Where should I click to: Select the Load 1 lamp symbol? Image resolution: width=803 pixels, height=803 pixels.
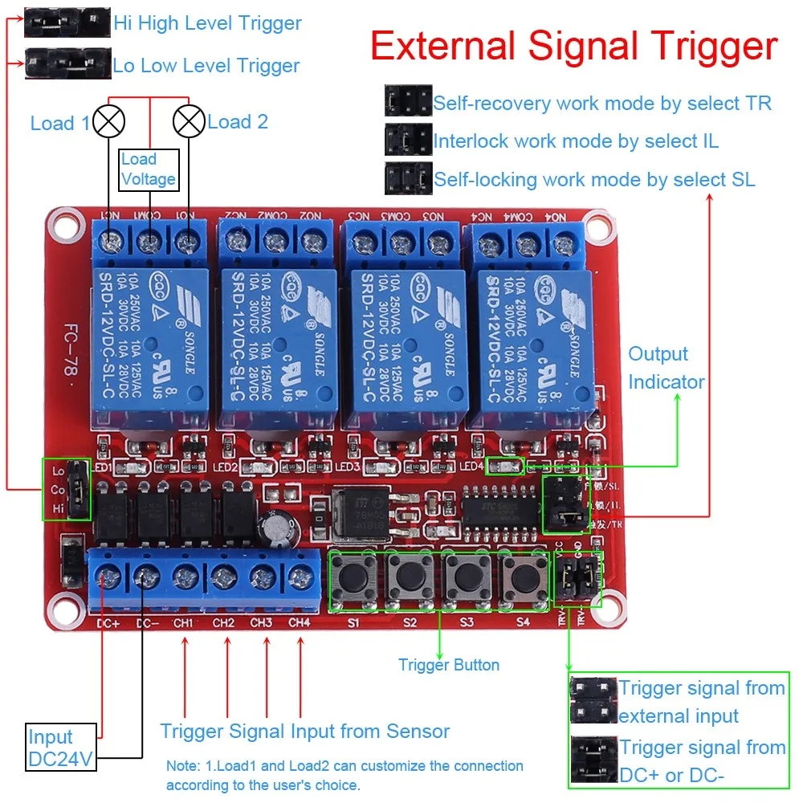[x=108, y=122]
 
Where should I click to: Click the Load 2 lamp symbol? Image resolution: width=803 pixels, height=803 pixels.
[x=190, y=122]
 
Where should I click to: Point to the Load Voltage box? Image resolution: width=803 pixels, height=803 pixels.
[x=148, y=169]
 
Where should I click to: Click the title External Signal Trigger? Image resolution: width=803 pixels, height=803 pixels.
[x=574, y=47]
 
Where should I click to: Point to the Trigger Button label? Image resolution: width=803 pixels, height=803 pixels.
[x=449, y=665]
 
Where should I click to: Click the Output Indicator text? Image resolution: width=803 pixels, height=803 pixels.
[x=666, y=368]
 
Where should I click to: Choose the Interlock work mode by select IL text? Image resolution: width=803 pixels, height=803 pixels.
[x=576, y=141]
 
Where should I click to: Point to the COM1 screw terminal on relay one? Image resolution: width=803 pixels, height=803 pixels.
[x=149, y=239]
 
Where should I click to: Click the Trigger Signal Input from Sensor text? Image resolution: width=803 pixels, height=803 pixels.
[x=305, y=731]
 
